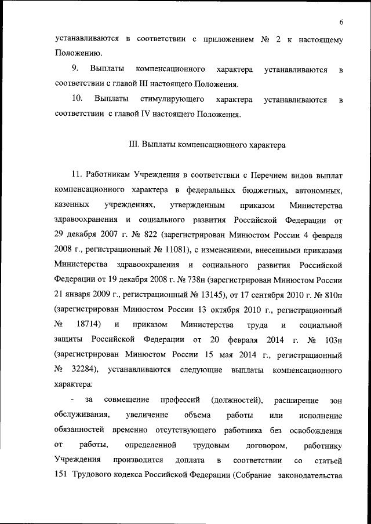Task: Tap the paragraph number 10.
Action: pos(78,100)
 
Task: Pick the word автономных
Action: pos(322,190)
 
